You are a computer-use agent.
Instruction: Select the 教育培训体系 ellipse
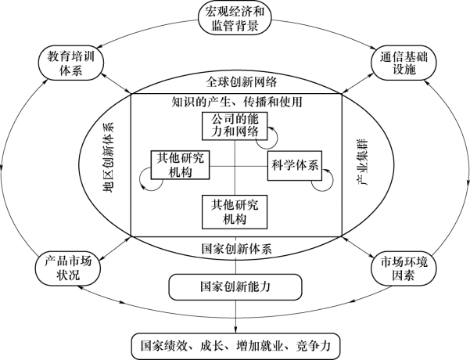[70, 63]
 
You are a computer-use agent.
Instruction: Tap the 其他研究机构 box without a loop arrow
[235, 209]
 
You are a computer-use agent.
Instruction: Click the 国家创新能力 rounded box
[235, 287]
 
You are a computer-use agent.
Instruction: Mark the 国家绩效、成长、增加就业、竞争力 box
[235, 344]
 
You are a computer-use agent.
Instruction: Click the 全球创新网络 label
[235, 82]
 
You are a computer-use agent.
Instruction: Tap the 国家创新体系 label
[235, 250]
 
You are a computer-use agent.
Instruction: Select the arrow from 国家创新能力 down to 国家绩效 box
[235, 317]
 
